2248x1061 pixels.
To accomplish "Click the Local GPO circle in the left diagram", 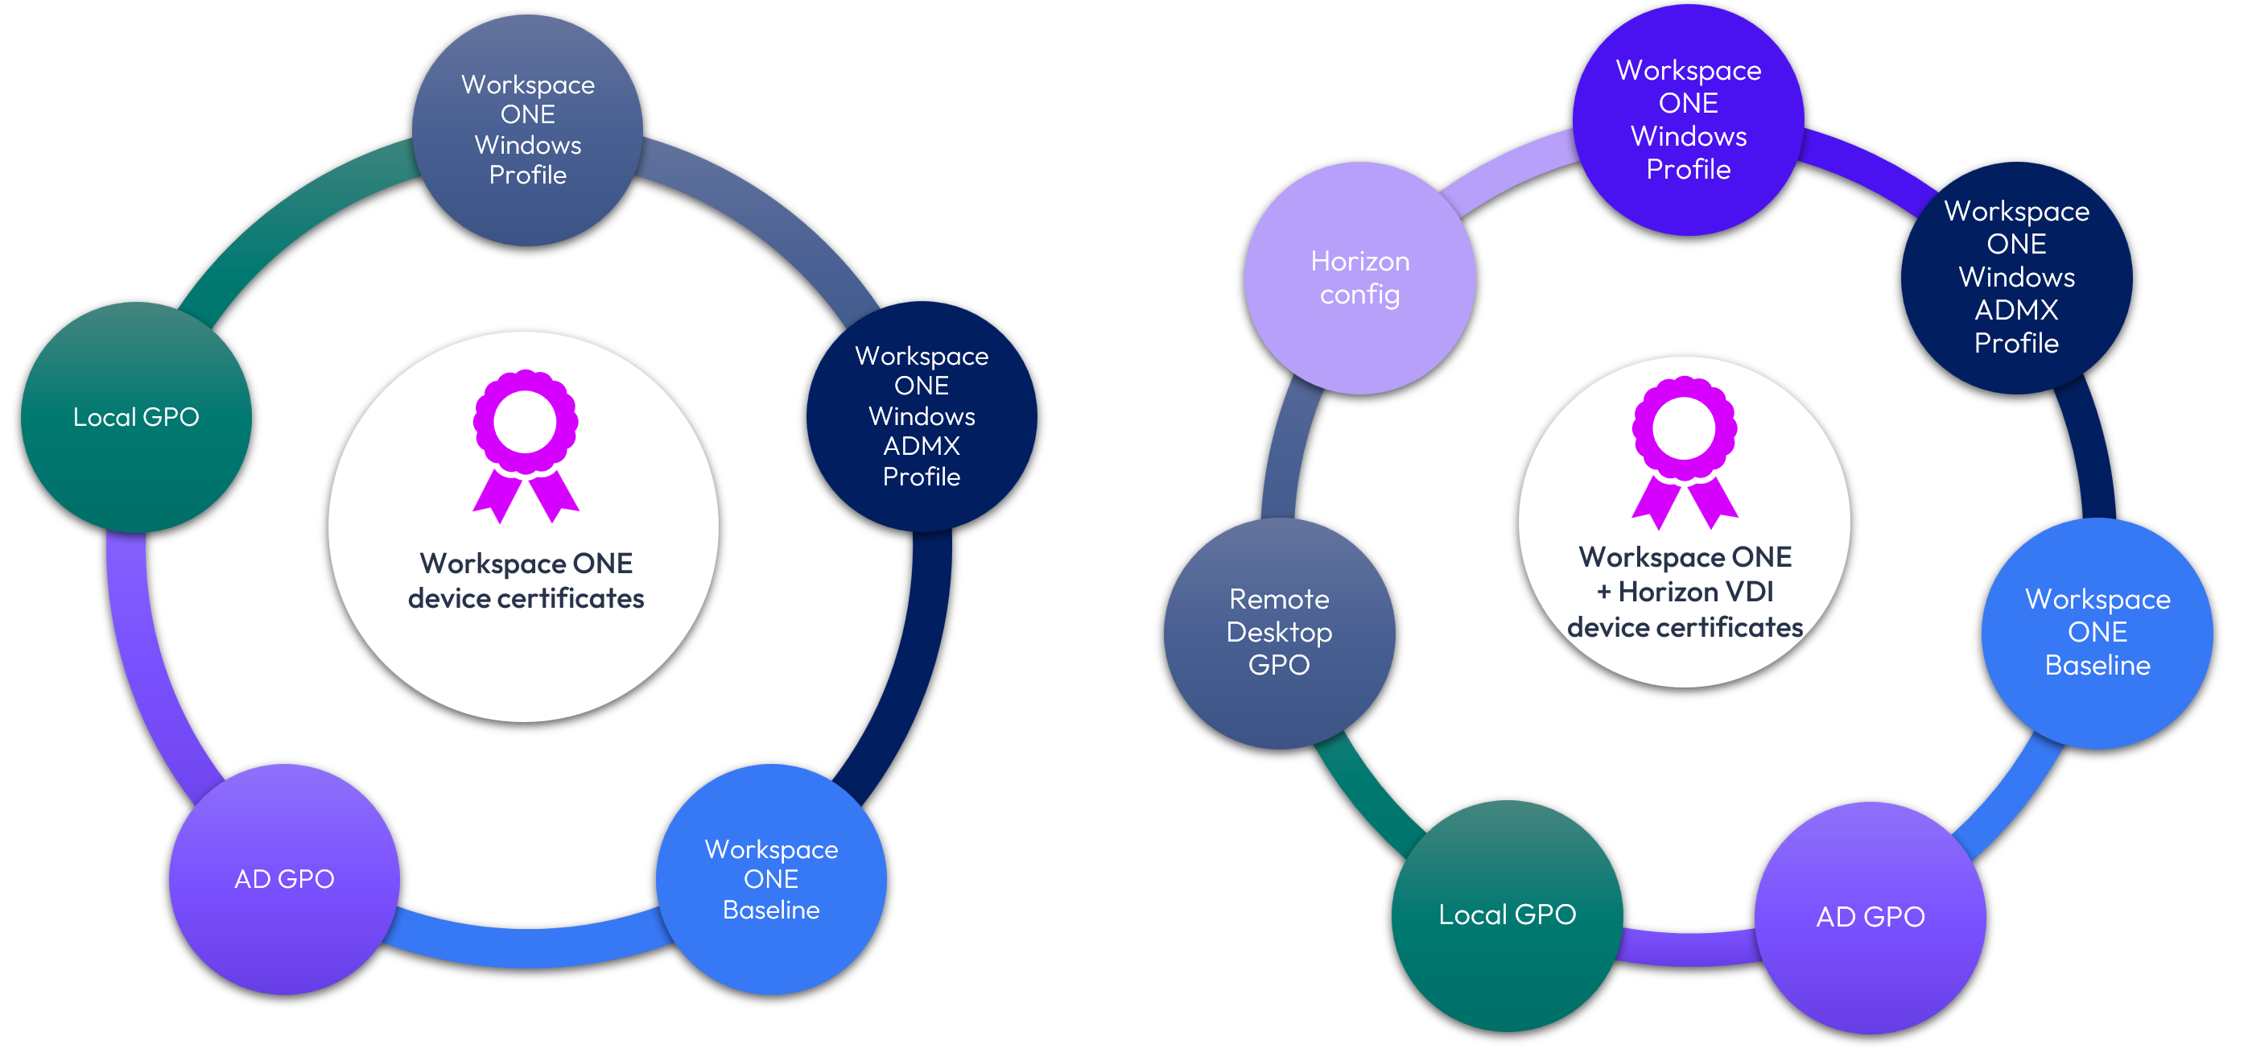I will click(x=136, y=417).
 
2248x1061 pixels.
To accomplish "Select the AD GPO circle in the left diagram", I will click(x=284, y=878).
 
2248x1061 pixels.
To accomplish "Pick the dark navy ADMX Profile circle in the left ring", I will click(x=922, y=416).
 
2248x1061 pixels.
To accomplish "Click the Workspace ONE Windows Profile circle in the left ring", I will click(x=528, y=130).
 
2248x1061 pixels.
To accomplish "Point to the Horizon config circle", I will click(x=1359, y=278).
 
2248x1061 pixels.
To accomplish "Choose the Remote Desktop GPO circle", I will click(x=1279, y=633).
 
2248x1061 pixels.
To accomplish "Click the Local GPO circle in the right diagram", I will click(x=1507, y=915).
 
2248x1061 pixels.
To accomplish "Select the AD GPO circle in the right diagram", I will click(x=1871, y=917).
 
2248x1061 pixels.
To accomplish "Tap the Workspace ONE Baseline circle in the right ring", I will click(x=2097, y=633).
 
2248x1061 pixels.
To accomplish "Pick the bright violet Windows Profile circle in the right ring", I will click(x=1689, y=119).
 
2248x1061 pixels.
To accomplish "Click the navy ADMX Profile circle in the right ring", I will click(x=2017, y=278).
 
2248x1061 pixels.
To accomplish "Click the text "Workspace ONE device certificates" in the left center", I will click(x=526, y=581).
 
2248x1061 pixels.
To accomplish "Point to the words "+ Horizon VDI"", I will click(x=1685, y=592).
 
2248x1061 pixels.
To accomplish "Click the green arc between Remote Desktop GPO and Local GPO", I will click(x=1366, y=790).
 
